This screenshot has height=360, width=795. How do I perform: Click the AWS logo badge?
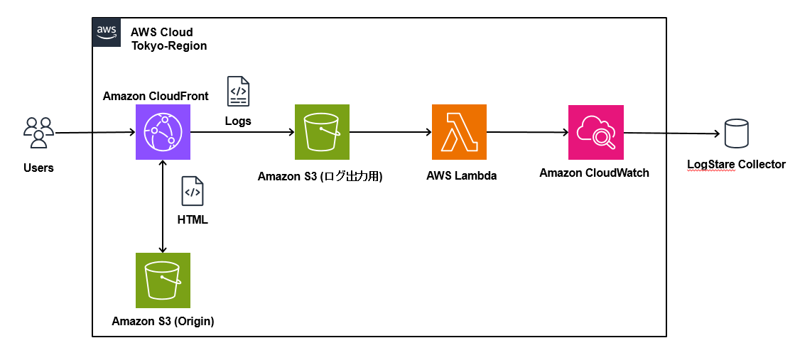pos(107,32)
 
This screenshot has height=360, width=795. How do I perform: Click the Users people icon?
pos(38,133)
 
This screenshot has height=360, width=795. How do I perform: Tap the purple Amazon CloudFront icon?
pos(163,132)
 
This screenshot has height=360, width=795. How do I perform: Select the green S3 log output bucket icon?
pos(322,132)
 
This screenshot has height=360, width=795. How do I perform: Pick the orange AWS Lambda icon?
pos(460,132)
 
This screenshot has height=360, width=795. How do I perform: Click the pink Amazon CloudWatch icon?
pos(596,132)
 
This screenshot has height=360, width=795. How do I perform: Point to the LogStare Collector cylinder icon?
pos(737,133)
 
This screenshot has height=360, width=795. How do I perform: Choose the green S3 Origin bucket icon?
pos(163,280)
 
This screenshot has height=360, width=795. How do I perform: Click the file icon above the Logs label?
pos(238,92)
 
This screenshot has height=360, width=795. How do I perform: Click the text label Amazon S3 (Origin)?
pos(163,321)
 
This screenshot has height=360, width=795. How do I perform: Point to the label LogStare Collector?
pos(736,164)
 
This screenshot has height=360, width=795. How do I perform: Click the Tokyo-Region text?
pos(169,45)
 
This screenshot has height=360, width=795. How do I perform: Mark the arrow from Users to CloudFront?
pos(94,133)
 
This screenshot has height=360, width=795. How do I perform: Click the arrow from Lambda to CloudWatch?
pos(527,132)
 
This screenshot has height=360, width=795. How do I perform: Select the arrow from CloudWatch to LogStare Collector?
pos(672,133)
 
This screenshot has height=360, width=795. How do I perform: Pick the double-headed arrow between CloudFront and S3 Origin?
pos(163,207)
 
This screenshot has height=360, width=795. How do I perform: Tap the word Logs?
pos(238,121)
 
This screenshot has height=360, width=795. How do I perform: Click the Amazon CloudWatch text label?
pos(594,173)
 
